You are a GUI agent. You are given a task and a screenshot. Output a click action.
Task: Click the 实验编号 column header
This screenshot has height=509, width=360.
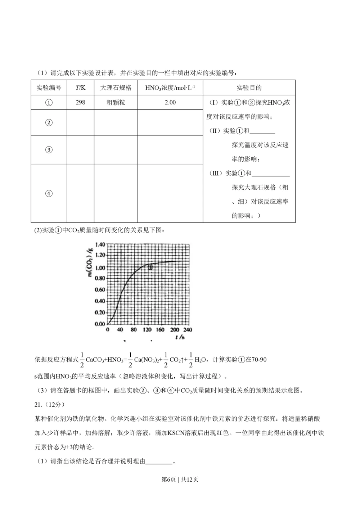point(49,88)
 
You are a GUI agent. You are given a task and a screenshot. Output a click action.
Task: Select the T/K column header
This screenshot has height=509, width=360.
point(80,88)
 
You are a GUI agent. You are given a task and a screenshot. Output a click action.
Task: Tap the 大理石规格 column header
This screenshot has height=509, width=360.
point(116,88)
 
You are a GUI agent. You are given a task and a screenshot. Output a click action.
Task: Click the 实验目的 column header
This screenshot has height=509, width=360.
point(249,88)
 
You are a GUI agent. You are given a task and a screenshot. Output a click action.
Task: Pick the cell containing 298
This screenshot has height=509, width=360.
point(80,103)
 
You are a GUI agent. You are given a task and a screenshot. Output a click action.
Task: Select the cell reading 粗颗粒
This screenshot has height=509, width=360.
point(116,103)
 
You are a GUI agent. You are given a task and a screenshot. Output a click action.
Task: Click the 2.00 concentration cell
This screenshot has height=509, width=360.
point(170,103)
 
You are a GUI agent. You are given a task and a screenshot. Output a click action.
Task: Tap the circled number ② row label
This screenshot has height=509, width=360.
point(49,123)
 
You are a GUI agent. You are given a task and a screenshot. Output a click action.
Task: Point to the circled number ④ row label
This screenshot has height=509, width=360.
point(49,194)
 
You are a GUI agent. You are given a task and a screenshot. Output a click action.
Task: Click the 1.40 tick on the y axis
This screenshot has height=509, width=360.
point(100,245)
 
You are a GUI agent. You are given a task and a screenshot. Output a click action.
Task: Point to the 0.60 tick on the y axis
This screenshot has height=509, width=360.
point(100,290)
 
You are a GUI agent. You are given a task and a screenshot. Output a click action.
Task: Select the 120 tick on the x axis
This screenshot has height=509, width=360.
point(147,330)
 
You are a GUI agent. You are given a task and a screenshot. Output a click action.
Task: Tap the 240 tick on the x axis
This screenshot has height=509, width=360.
point(188,330)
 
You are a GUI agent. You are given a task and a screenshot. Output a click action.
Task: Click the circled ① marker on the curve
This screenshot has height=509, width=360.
point(151,267)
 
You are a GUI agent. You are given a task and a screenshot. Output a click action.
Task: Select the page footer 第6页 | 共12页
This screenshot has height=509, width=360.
point(180,479)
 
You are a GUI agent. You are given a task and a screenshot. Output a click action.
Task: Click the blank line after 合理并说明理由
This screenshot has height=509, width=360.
point(159,461)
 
